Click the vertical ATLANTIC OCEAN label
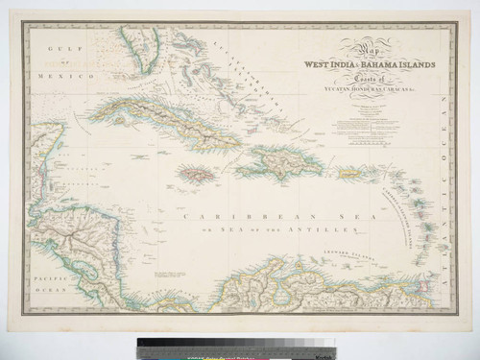(444, 192)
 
